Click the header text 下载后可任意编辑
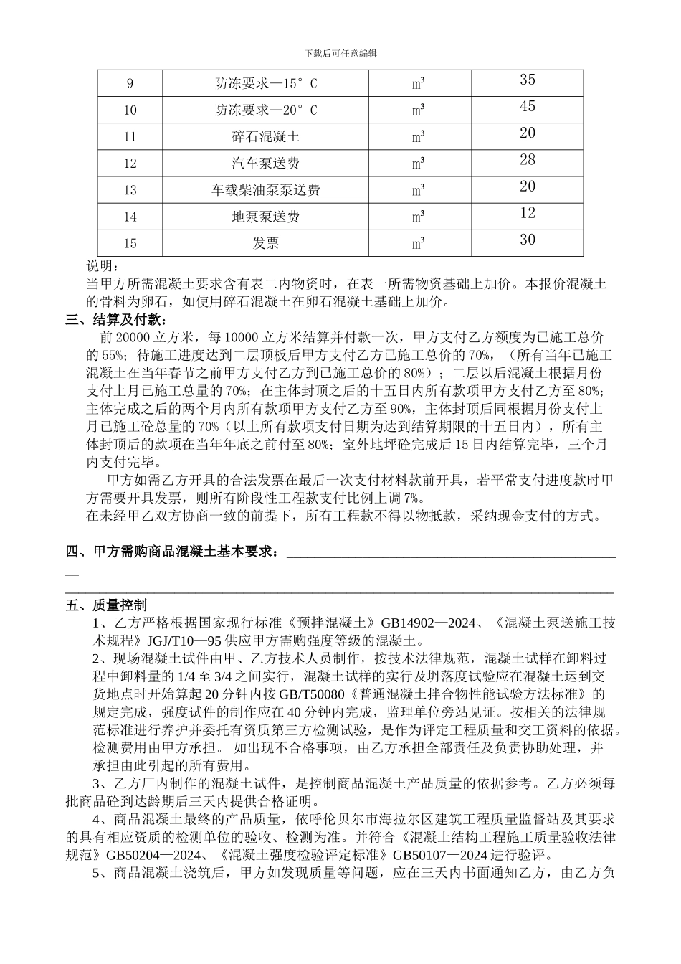click(340, 54)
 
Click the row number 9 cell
click(130, 84)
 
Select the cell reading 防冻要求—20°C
click(265, 110)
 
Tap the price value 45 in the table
click(528, 107)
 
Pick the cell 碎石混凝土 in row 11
click(265, 137)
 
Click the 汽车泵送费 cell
click(265, 164)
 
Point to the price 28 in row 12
click(528, 160)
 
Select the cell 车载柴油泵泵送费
click(265, 190)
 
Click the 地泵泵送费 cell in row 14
click(265, 217)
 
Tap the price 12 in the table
click(528, 213)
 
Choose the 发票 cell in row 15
click(265, 243)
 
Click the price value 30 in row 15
click(528, 240)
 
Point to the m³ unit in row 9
click(419, 84)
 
